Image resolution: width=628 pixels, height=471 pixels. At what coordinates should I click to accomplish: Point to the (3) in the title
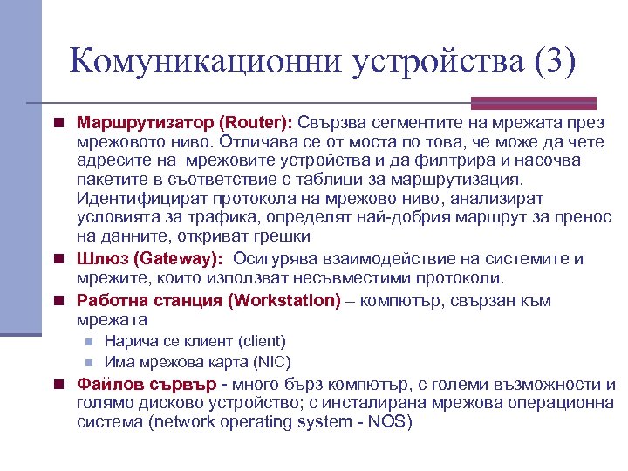(552, 64)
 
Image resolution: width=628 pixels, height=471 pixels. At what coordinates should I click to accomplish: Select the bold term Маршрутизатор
(145, 122)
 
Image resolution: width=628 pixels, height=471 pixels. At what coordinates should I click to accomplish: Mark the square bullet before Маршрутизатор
(57, 122)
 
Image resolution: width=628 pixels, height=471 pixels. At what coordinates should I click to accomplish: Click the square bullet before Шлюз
(57, 259)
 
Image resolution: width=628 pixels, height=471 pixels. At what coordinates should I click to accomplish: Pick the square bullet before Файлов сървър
(57, 385)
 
